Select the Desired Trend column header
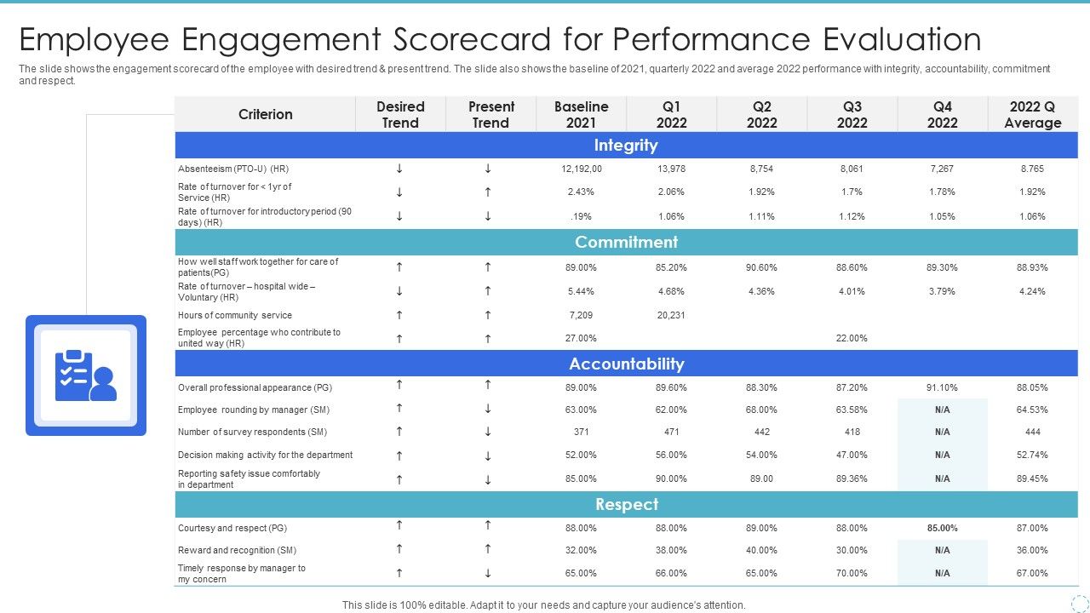tap(400, 114)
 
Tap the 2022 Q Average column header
tap(1032, 114)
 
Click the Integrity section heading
tap(626, 146)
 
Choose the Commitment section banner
tap(626, 243)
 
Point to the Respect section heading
tap(626, 505)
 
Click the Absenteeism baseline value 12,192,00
tap(582, 169)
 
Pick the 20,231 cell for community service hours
tap(671, 315)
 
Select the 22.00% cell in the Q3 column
tap(852, 338)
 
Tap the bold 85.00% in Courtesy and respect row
tap(942, 528)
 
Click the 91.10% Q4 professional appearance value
tap(942, 387)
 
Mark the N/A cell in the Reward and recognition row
tap(942, 550)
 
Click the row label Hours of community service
tap(235, 315)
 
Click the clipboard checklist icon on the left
tap(85, 375)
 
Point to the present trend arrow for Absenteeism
tap(488, 169)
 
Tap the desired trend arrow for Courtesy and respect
tap(399, 525)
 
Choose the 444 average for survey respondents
tap(1032, 432)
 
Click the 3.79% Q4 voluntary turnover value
tap(942, 291)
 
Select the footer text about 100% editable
tap(543, 605)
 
